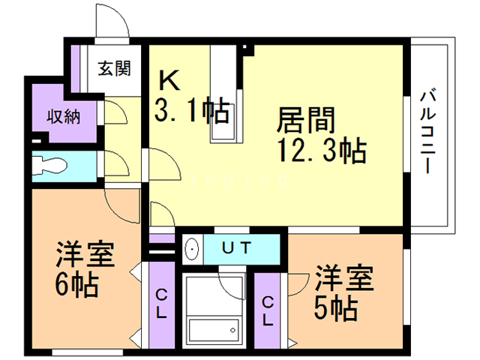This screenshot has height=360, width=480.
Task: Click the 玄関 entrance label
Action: (x=114, y=68)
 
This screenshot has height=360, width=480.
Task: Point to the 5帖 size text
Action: (x=335, y=306)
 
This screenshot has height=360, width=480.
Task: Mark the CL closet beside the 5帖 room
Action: (x=268, y=310)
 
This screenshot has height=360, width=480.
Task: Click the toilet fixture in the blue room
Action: (x=54, y=165)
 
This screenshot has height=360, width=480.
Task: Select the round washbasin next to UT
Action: (x=191, y=247)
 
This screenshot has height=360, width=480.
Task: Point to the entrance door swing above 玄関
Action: (x=112, y=22)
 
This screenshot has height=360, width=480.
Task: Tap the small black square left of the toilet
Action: (x=36, y=141)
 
